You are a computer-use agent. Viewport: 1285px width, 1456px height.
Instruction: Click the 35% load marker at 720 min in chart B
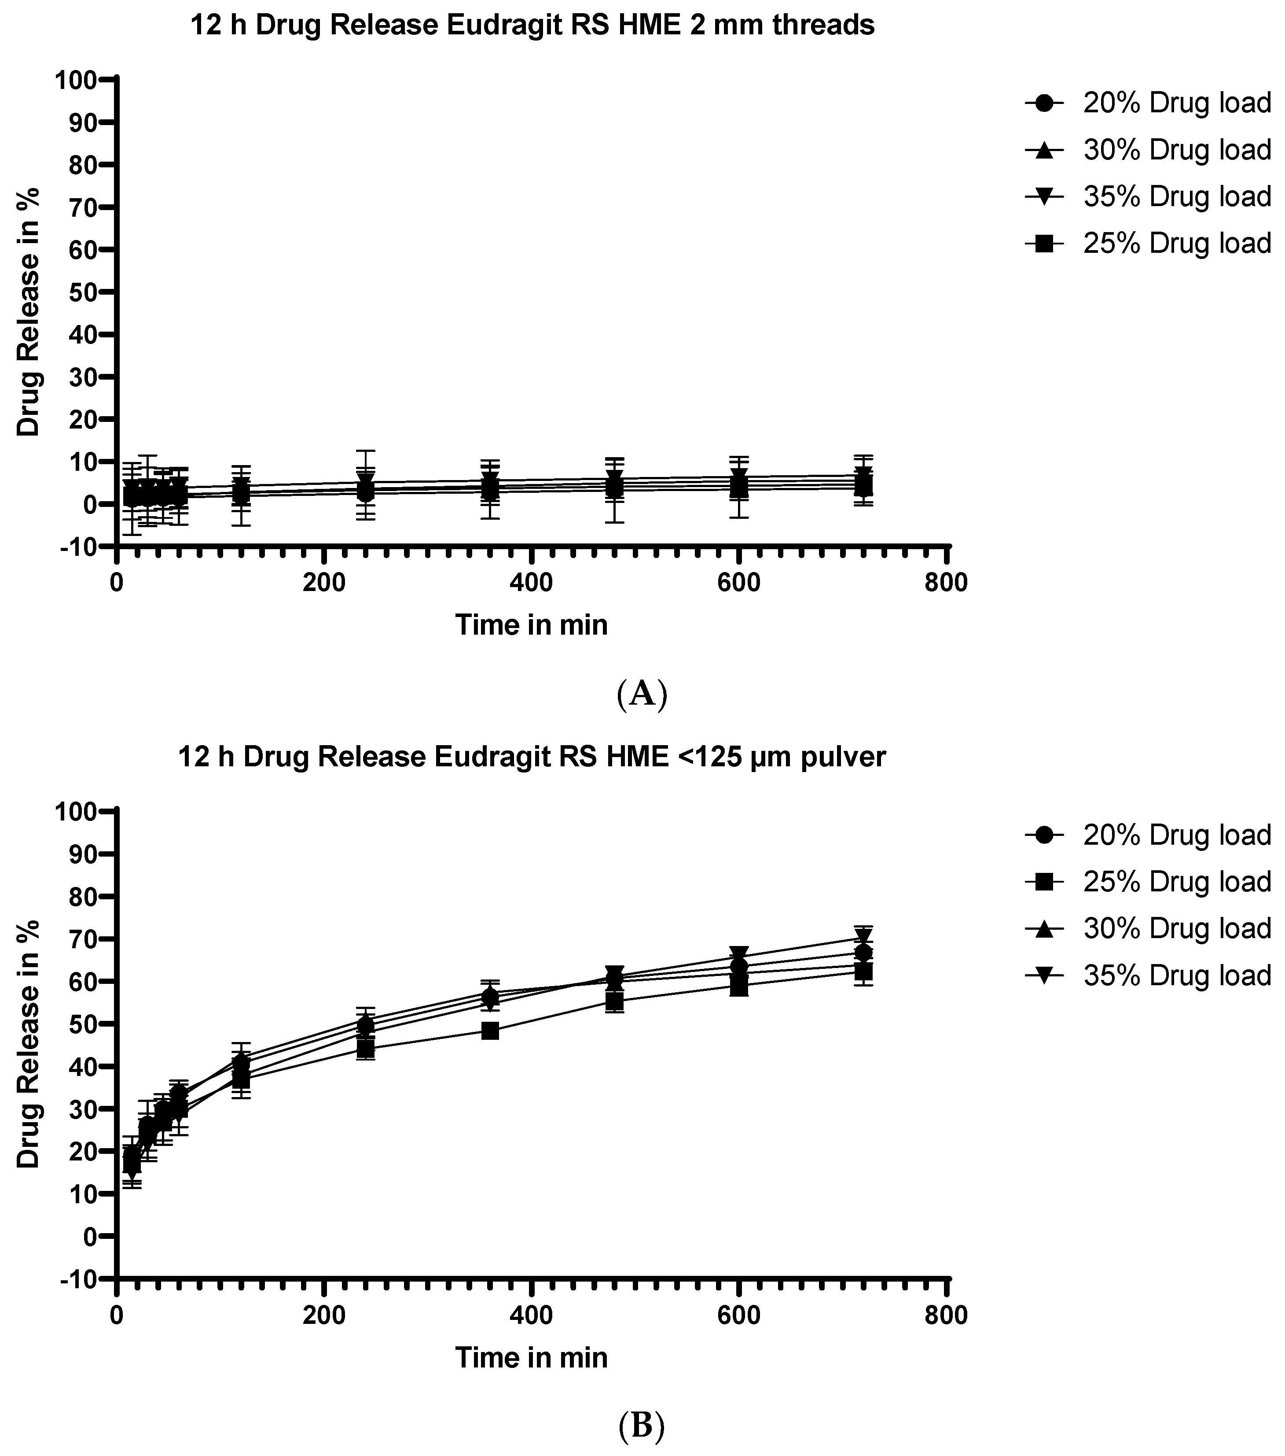863,938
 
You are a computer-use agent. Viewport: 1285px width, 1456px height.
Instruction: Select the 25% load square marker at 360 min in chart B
490,1031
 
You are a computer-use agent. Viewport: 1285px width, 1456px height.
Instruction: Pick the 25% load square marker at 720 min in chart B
863,972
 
